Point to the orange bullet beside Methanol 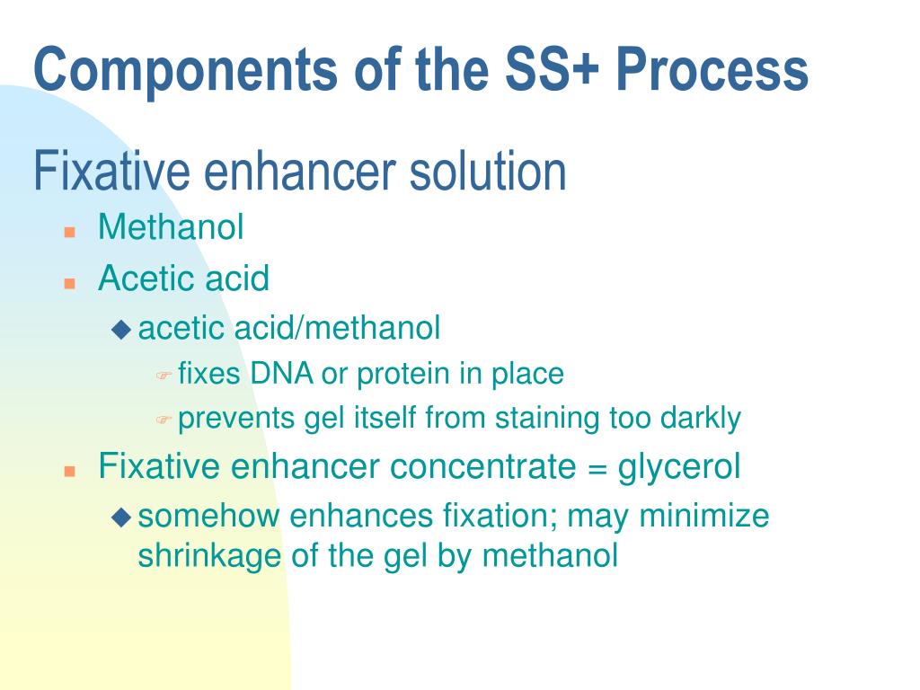coord(68,231)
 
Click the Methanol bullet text coord(171,227)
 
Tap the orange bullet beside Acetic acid coord(68,282)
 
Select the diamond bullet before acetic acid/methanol coord(120,330)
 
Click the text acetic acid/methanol coord(289,329)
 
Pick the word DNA coord(283,373)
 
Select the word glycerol coord(686,468)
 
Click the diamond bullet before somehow coord(120,517)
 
